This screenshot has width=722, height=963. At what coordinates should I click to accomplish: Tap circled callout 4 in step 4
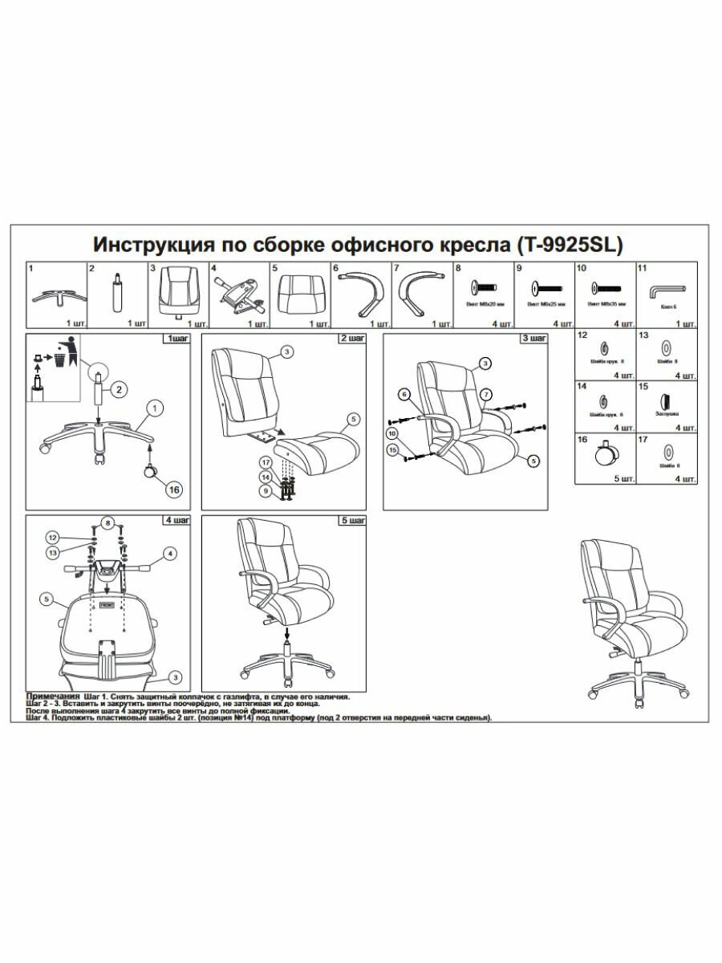click(170, 553)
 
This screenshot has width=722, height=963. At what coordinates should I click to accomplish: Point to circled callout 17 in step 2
click(265, 461)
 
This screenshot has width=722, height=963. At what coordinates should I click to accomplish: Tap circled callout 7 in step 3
click(486, 393)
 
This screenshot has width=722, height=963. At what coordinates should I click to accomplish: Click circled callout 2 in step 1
click(118, 391)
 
